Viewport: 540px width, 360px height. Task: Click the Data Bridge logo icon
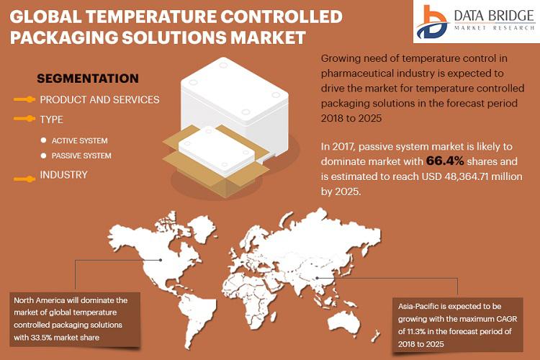(432, 22)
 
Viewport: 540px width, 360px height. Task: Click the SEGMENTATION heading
(88, 78)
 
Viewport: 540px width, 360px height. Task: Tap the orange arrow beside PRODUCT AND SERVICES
(24, 99)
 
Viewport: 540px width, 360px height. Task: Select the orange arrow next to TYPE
(24, 119)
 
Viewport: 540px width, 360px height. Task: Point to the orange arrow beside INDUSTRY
(24, 179)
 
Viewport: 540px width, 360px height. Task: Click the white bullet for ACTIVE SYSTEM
(43, 140)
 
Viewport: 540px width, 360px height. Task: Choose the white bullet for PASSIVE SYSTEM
(43, 156)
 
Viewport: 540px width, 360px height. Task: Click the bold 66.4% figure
(445, 161)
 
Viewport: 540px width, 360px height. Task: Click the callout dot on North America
(161, 260)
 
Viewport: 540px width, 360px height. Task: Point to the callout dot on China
(318, 278)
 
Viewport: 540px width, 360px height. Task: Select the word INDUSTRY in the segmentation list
(63, 175)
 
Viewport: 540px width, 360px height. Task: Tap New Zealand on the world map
(374, 336)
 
